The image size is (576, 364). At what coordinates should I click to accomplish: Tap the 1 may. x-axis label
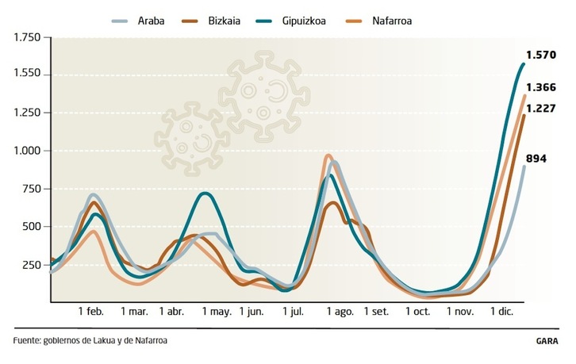tap(216, 312)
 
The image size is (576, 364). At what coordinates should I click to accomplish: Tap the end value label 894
tap(537, 159)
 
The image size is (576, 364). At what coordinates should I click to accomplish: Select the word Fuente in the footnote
tap(28, 341)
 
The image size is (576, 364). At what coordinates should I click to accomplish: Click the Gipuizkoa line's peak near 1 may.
tap(205, 193)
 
